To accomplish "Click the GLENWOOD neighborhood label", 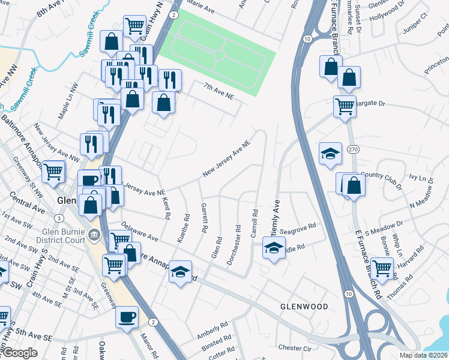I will click(304, 307).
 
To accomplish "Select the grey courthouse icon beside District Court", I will click(93, 233).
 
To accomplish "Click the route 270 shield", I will click(354, 148).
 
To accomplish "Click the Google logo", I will click(19, 353).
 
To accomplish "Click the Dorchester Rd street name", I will click(234, 245).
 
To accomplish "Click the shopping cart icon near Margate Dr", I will click(345, 107).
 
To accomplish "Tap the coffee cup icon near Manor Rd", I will click(127, 316).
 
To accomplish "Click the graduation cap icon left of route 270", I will click(330, 154).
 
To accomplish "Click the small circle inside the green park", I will click(219, 54).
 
